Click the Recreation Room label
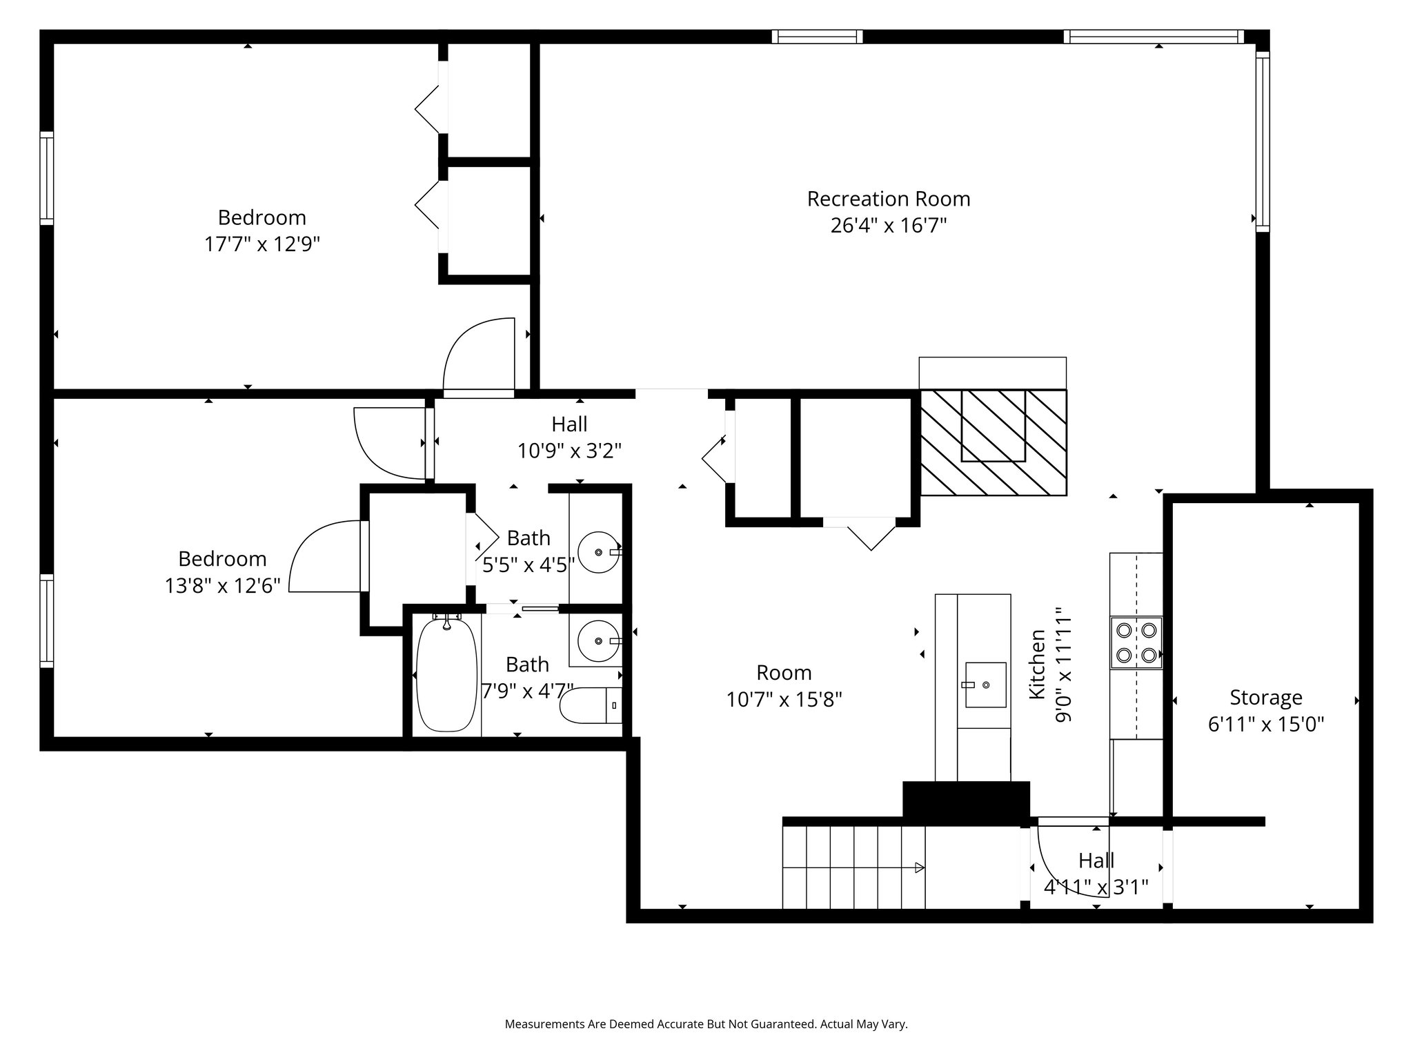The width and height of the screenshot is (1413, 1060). click(x=889, y=199)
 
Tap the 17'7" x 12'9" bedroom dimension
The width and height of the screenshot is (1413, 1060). click(x=262, y=244)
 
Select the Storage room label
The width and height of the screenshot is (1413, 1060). click(x=1266, y=698)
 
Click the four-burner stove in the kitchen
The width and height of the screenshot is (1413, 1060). click(x=1136, y=642)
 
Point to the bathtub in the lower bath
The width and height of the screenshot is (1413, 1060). click(x=446, y=673)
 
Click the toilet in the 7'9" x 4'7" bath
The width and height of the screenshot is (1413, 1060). click(x=591, y=705)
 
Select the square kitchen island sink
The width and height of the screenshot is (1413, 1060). click(x=985, y=685)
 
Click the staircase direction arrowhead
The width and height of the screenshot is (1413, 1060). click(x=920, y=867)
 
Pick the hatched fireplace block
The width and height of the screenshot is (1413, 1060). click(x=994, y=442)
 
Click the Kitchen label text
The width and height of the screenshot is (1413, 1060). click(x=1037, y=664)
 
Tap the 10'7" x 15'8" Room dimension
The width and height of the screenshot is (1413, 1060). click(x=784, y=700)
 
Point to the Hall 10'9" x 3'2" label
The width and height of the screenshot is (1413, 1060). click(x=570, y=437)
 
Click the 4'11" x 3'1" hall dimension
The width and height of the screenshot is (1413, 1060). click(x=1096, y=887)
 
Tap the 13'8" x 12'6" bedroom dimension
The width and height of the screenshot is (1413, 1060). click(x=222, y=586)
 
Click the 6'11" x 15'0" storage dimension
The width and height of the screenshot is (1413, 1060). click(x=1266, y=725)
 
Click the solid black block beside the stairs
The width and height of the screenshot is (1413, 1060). click(x=966, y=800)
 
